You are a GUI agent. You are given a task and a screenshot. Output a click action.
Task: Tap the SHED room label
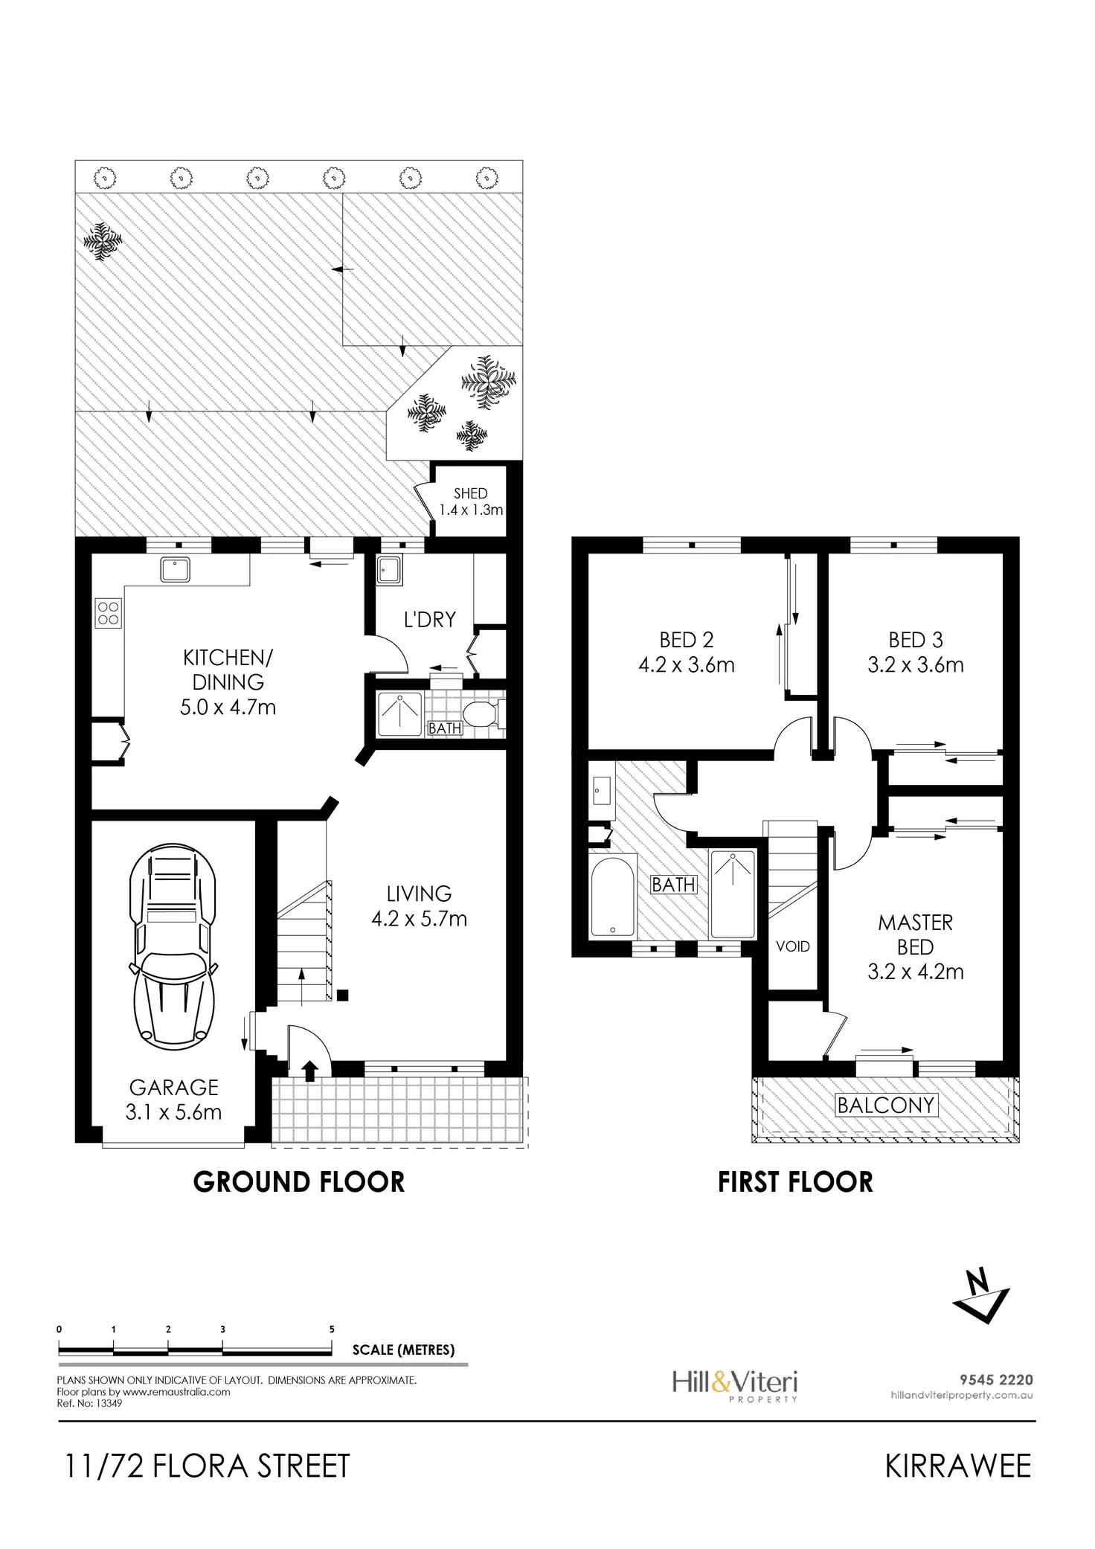pos(470,493)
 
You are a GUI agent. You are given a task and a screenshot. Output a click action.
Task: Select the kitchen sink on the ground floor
pos(176,570)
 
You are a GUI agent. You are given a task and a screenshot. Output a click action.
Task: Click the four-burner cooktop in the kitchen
pos(109,613)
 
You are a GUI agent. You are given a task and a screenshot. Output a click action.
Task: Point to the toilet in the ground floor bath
pos(487,713)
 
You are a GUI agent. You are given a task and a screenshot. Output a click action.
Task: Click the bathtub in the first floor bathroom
pos(612,895)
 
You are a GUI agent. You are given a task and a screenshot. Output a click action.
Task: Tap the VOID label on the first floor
pos(792,946)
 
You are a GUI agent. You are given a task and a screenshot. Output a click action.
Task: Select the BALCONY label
pos(885,1106)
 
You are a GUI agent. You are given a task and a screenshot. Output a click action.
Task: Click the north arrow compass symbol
pos(981,1297)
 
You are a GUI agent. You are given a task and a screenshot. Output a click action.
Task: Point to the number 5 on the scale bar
pos(332,1330)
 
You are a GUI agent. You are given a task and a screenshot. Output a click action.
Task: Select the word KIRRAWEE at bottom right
pos(958,1466)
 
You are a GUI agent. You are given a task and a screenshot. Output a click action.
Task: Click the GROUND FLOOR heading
pos(299,1182)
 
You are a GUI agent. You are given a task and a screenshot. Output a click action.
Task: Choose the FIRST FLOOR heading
pos(795,1182)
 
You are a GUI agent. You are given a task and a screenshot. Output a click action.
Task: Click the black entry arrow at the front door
pos(309,1070)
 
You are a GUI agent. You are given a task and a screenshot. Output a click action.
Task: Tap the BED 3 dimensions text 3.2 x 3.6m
pos(915,664)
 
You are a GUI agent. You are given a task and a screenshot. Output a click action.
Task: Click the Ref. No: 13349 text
pos(89,1404)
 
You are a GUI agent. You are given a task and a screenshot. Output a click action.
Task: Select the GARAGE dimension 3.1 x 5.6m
pos(173,1112)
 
